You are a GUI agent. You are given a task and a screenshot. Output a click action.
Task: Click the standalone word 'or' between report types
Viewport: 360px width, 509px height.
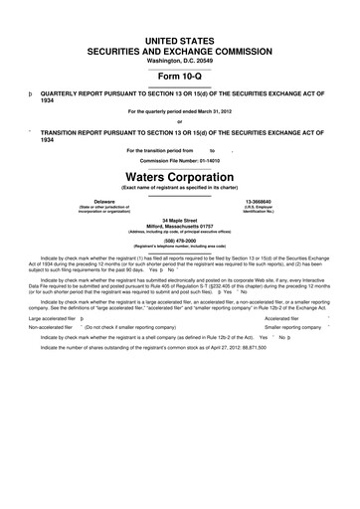179,122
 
